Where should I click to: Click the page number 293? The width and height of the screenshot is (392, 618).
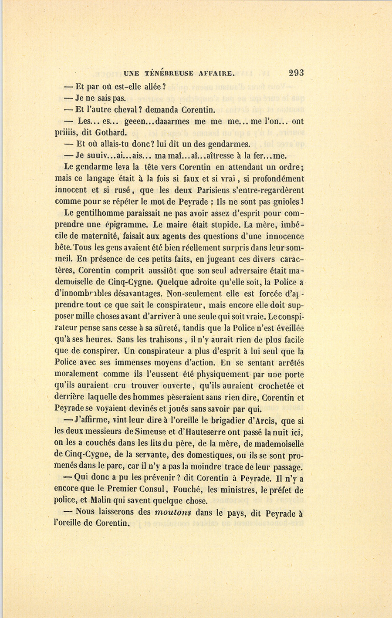[x=295, y=73]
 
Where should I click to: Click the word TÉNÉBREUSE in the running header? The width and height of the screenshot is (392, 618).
[x=167, y=74]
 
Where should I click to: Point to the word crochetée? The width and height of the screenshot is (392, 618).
[x=276, y=385]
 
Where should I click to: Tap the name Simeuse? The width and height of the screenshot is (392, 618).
[x=152, y=432]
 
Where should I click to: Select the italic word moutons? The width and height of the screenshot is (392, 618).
[x=173, y=513]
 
